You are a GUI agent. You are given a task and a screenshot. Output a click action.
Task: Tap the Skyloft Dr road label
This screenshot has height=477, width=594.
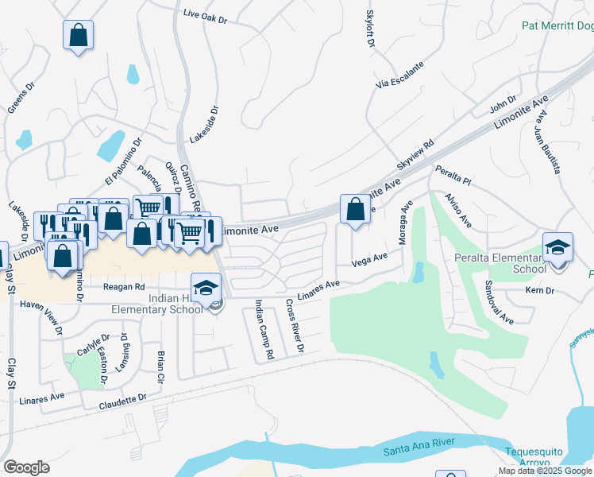(369, 29)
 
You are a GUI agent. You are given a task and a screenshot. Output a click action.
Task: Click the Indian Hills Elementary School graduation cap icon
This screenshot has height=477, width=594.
(206, 287)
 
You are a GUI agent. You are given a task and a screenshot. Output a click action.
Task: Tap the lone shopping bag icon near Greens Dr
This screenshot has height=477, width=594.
(78, 35)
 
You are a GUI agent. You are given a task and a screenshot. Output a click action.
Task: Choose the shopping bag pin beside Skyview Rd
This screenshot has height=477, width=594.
(354, 210)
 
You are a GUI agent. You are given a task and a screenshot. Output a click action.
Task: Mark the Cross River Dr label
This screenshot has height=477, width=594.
(294, 326)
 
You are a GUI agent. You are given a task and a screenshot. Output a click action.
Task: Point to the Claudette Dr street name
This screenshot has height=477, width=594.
(123, 402)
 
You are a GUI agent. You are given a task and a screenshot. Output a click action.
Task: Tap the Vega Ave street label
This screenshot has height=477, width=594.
(369, 259)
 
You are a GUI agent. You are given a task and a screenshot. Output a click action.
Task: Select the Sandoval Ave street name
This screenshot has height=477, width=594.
(498, 312)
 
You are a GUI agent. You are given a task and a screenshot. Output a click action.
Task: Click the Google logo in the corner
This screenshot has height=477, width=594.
(26, 467)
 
